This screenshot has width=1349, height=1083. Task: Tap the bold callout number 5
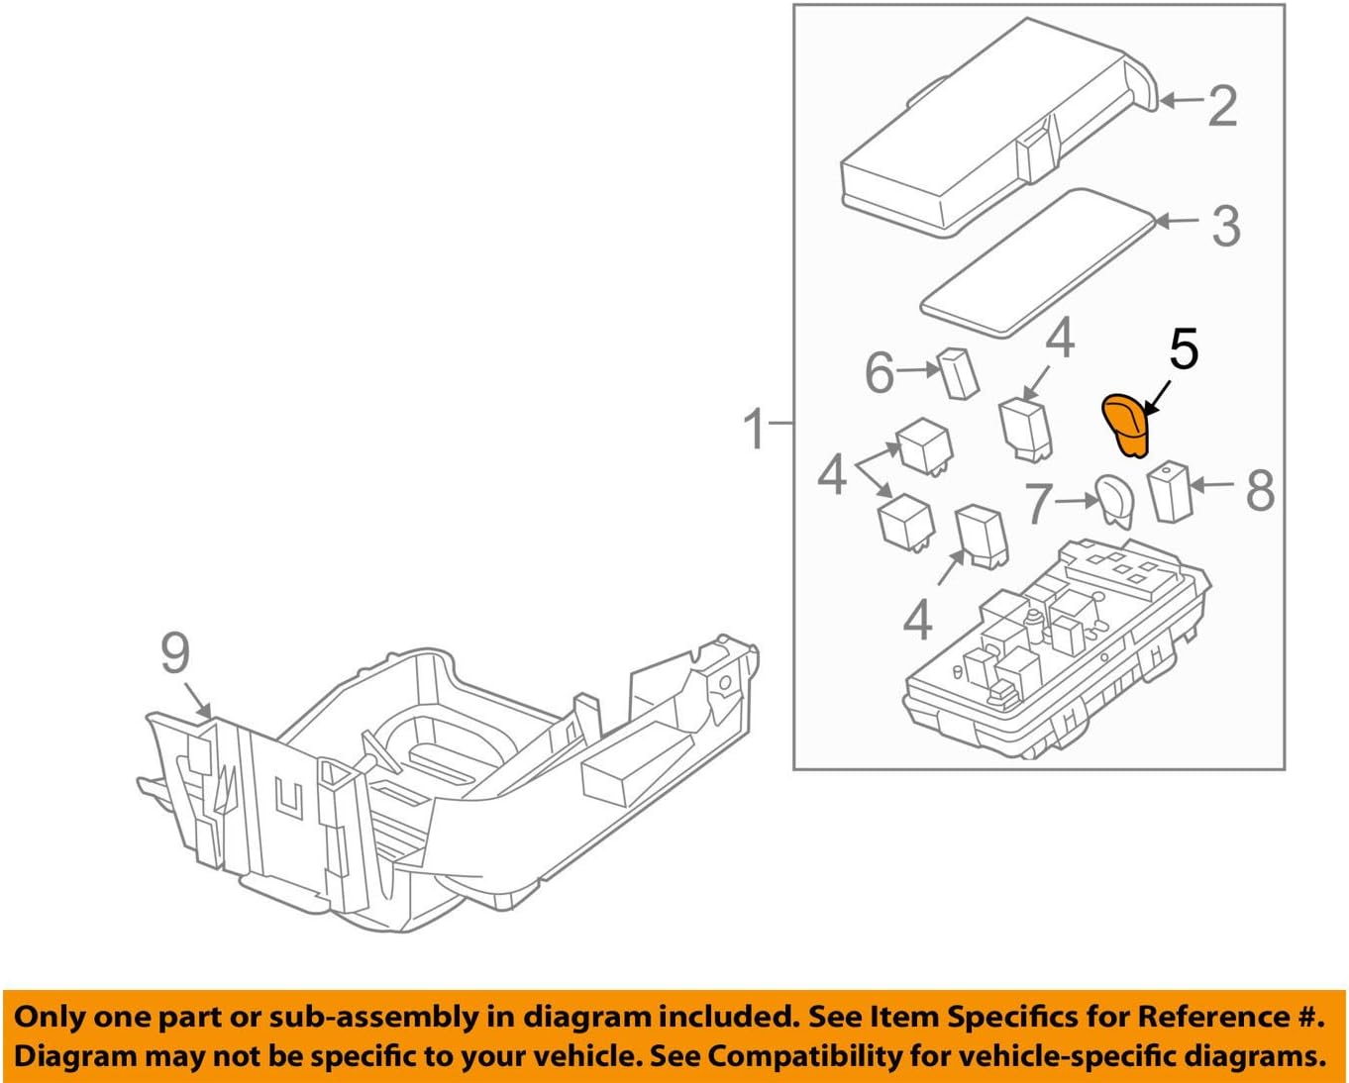1184,349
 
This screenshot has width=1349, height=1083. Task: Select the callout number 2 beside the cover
1223,105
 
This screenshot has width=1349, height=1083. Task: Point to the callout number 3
1226,226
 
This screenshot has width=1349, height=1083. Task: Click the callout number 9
175,654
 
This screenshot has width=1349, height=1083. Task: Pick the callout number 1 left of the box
755,430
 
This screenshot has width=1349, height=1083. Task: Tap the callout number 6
880,373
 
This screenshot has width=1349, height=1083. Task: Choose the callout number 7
1038,503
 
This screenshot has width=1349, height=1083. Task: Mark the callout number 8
1260,490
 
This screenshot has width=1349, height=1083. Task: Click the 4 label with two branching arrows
832,474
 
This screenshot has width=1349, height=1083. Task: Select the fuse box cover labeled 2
990,129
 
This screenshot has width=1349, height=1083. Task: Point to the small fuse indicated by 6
959,373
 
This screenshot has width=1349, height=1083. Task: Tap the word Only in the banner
51,1017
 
